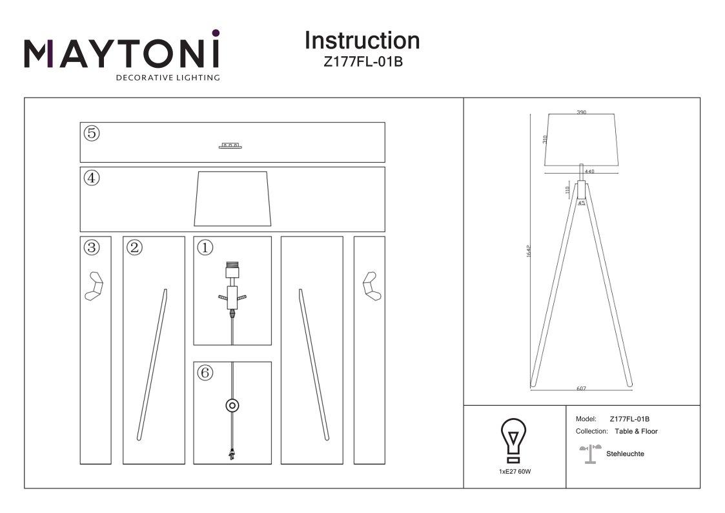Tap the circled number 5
point(92,134)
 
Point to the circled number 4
point(92,178)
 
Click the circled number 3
point(92,247)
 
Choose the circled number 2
point(134,247)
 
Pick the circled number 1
point(205,247)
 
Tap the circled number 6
point(205,373)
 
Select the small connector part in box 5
point(230,146)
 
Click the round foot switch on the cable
point(231,406)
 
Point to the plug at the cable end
point(231,454)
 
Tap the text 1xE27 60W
point(515,472)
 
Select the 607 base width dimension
point(581,388)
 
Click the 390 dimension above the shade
point(581,112)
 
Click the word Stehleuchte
point(625,454)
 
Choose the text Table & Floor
point(636,431)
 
